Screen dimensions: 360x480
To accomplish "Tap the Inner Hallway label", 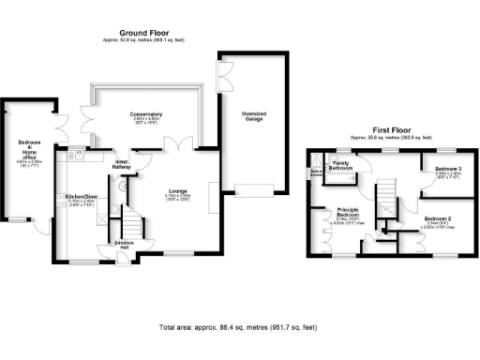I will (x=122, y=166).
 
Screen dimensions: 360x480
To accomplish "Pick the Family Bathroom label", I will (x=340, y=166).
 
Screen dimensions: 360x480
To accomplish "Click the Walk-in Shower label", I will (x=316, y=173).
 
